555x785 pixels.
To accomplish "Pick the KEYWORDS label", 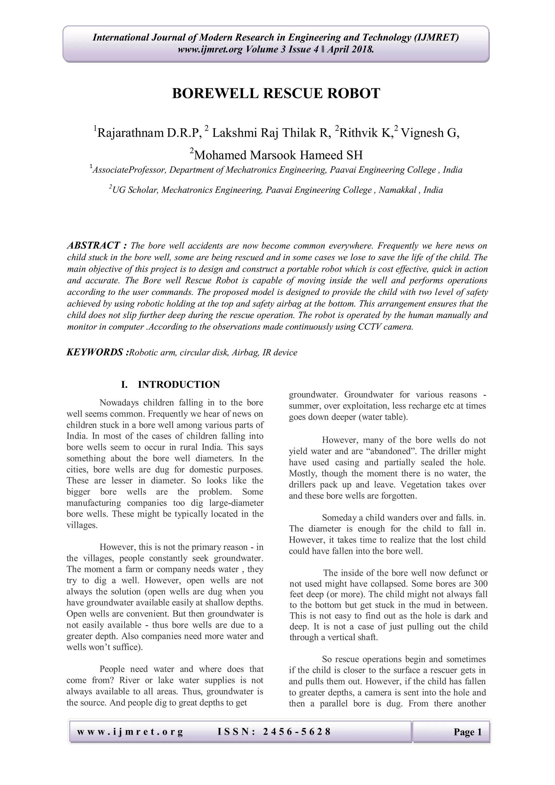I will click(97, 352).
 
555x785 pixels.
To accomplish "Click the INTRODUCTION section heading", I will click(179, 385).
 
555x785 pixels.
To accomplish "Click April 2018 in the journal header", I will click(350, 50).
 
